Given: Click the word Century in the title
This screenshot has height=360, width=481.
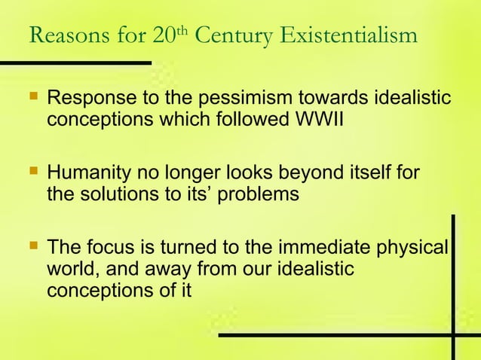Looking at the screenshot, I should pyautogui.click(x=235, y=35).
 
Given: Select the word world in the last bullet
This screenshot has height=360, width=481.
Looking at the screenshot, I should pyautogui.click(x=68, y=269).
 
